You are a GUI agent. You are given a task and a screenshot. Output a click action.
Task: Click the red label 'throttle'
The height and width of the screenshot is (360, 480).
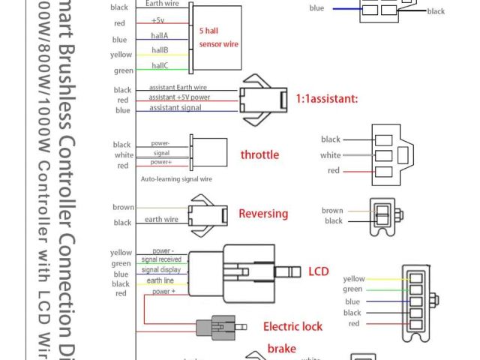259,155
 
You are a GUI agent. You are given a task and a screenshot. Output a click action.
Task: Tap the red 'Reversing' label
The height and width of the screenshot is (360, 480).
263,214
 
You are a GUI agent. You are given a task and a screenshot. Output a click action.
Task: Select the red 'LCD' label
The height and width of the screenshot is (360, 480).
319,271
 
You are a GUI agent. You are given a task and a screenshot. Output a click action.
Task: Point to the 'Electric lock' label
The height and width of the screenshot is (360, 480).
292,327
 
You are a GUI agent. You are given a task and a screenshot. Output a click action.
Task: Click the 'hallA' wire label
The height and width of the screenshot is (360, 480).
160,35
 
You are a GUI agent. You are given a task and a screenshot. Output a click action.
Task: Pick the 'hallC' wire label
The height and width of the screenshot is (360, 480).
160,66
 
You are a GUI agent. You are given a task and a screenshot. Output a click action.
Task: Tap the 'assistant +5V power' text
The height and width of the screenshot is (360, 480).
179,97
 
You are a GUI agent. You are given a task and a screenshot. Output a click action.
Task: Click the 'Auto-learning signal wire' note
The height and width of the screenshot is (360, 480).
176,179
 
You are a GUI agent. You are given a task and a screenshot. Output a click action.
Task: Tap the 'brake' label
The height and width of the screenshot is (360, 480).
281,349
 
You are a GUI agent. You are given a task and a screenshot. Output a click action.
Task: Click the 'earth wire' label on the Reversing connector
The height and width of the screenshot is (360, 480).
161,220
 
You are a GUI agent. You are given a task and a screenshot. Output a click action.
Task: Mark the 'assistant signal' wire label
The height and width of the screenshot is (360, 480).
175,108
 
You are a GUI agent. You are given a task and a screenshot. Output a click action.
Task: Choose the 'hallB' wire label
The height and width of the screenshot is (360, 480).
160,50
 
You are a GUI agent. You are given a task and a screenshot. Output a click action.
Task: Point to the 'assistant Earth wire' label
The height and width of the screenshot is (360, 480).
178,87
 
